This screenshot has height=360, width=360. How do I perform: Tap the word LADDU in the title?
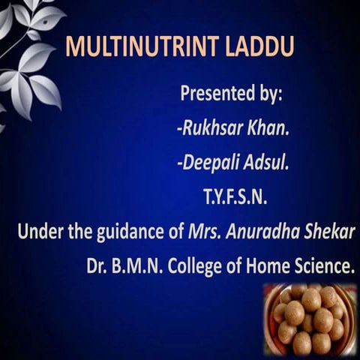pos(262,46)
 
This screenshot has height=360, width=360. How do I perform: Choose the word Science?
pos(321,266)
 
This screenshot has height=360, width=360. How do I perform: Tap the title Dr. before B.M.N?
pos(98,266)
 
